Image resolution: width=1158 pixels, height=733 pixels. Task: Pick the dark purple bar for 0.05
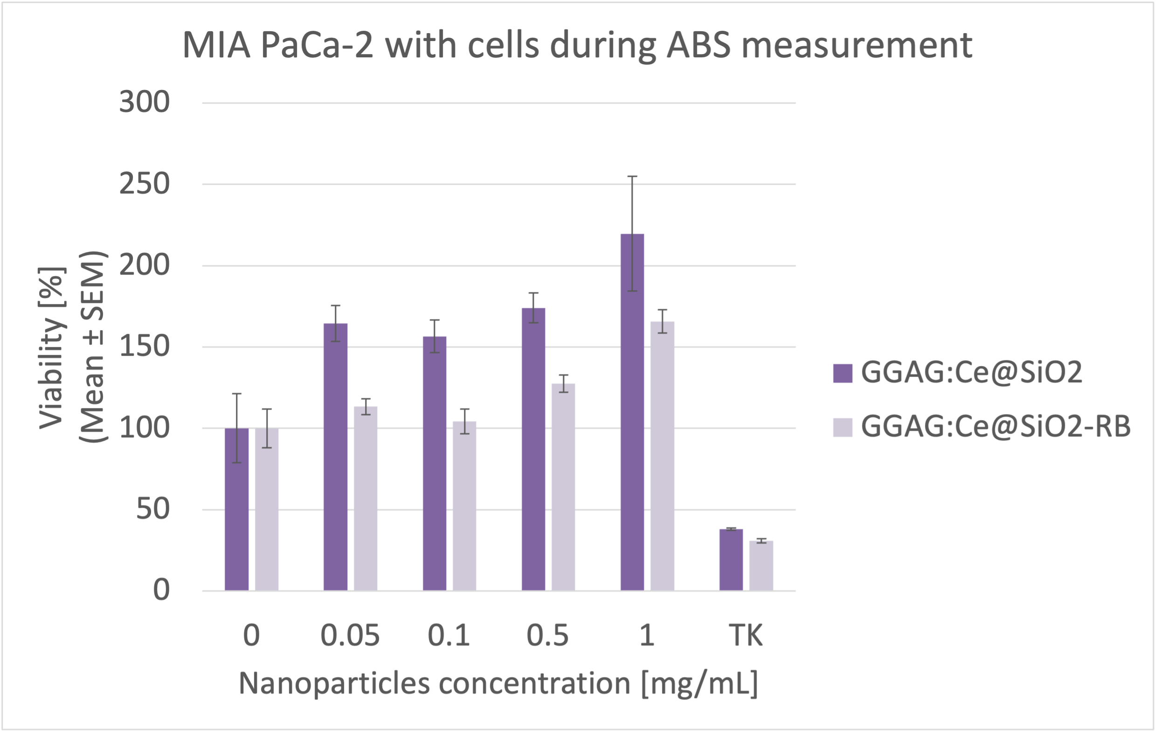[335, 457]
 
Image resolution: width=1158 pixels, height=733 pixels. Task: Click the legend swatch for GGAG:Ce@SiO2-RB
[842, 427]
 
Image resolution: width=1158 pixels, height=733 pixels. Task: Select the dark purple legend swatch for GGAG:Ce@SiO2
[842, 373]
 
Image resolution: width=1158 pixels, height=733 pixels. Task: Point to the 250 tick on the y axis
[144, 184]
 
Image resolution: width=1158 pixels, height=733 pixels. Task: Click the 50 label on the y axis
[152, 509]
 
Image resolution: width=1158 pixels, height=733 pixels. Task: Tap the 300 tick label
[144, 102]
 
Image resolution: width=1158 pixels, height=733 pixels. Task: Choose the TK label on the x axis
[746, 636]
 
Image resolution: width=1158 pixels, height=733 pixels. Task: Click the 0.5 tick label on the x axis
[548, 636]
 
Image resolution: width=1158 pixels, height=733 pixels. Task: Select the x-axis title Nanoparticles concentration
[498, 684]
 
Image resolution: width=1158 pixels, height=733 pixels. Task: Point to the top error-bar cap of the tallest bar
[632, 177]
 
